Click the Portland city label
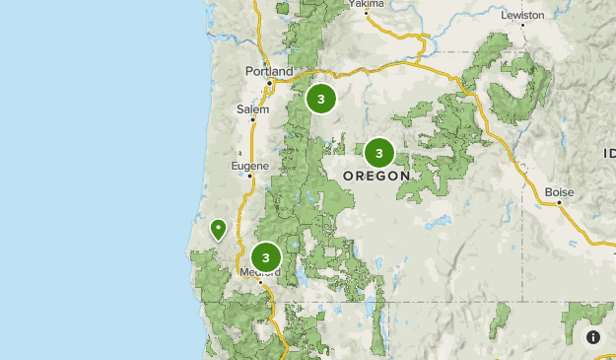pos(268,72)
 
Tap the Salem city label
pos(252,108)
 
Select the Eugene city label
pos(249,166)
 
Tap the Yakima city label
pos(365,4)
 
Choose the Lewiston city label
pos(522,16)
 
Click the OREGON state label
pos(376,176)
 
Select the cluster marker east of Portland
pos(320,99)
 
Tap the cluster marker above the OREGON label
pos(378,153)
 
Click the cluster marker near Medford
pos(265,258)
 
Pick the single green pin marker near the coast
pos(218,231)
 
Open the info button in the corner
pos(593,337)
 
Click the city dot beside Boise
pos(559,203)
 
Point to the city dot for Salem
pos(252,119)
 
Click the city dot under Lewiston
pos(522,28)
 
